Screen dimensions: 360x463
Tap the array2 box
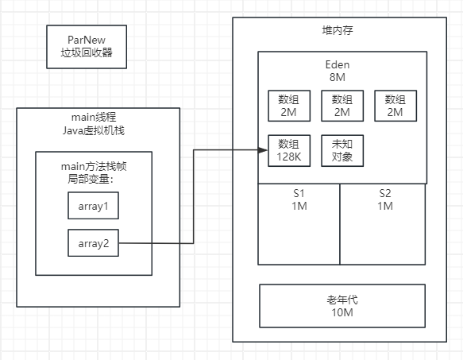click(92, 243)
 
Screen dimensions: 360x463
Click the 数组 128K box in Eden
click(288, 150)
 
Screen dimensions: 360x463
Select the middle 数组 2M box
click(341, 106)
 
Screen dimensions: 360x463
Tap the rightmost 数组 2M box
click(395, 106)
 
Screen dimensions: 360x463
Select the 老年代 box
click(342, 306)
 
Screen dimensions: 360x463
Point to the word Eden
click(342, 65)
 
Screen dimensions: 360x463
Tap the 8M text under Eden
click(342, 78)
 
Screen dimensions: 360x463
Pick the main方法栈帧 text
click(94, 165)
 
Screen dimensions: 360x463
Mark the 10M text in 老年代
click(342, 312)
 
